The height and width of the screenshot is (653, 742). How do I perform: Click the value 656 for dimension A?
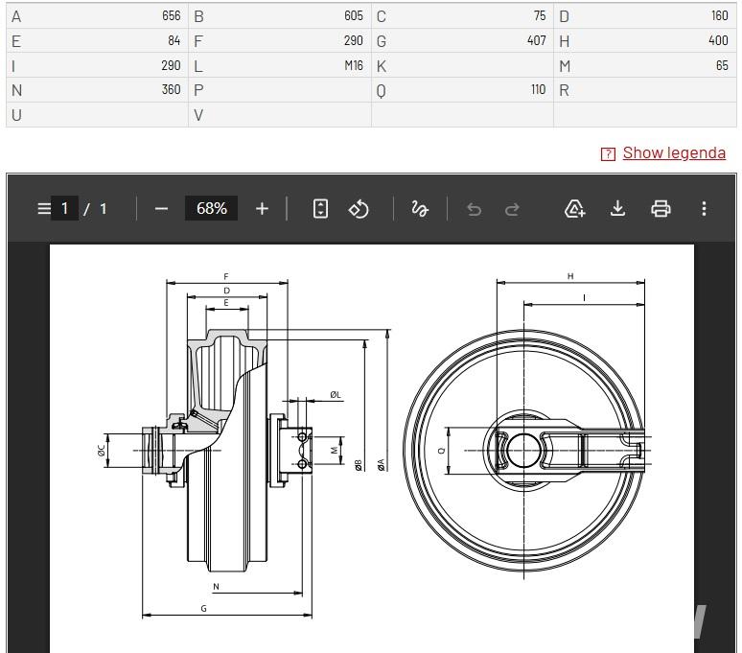point(171,16)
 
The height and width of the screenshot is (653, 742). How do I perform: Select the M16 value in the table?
point(354,65)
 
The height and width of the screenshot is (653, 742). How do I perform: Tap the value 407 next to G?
point(537,40)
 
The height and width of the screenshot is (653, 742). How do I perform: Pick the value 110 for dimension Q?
point(538,90)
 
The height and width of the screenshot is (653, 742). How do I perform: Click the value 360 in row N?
point(171,90)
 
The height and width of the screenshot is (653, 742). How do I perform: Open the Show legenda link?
point(674,152)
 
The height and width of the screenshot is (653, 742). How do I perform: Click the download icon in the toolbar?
point(617,208)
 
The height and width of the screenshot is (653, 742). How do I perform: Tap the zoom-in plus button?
point(262,209)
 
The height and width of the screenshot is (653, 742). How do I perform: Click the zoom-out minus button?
point(161,209)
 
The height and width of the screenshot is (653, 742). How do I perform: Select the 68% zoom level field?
point(212,208)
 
